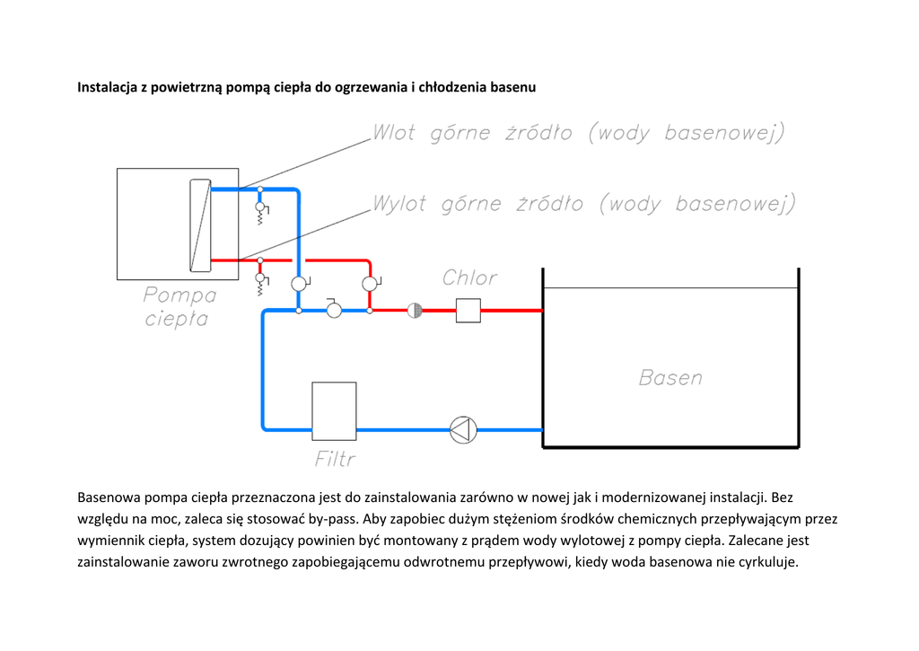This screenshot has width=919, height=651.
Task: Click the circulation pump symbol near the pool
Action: (x=463, y=430)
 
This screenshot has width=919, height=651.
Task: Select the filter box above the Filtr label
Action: (x=334, y=411)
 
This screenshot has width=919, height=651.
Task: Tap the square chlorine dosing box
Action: (x=468, y=311)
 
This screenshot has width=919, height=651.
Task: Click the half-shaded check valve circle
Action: (x=415, y=311)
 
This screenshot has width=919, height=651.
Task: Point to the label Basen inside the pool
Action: (x=670, y=378)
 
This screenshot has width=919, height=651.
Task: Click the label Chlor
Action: (x=469, y=277)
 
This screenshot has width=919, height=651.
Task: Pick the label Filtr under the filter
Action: (x=335, y=459)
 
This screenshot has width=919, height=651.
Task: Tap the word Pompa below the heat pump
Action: (x=179, y=295)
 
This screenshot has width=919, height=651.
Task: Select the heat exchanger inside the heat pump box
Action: (x=200, y=225)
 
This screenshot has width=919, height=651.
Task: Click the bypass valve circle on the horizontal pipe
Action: (x=334, y=310)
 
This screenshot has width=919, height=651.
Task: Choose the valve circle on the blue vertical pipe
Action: (x=300, y=284)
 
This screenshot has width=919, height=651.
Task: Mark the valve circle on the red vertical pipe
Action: (x=371, y=284)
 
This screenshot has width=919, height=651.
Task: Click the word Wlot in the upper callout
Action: (x=394, y=133)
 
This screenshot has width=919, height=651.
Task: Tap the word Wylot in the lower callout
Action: (x=399, y=204)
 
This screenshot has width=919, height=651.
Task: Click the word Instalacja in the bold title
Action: (x=108, y=87)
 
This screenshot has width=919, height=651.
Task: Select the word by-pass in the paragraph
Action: (x=338, y=519)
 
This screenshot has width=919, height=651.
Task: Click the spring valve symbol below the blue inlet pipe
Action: (x=261, y=213)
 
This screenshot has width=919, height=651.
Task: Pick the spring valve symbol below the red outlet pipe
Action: (x=261, y=284)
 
